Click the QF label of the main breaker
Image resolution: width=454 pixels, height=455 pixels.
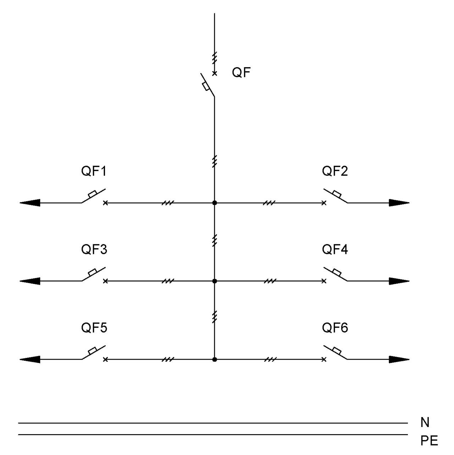tap(241, 73)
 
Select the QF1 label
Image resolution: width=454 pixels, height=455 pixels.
tap(94, 171)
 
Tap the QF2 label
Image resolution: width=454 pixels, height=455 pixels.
tap(335, 171)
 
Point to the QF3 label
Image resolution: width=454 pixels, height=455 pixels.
tap(94, 249)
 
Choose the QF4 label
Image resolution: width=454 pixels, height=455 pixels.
tap(335, 249)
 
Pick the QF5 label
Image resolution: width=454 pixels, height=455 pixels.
tap(94, 328)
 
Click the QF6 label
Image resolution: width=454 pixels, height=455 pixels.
tap(335, 328)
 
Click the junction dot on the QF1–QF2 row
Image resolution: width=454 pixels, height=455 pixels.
tap(215, 203)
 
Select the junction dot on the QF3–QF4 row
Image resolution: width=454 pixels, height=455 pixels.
tap(215, 281)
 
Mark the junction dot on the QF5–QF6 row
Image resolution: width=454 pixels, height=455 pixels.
tap(215, 360)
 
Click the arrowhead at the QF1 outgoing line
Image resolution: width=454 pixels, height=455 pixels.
tap(30, 203)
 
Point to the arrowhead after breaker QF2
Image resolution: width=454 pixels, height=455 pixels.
tap(399, 203)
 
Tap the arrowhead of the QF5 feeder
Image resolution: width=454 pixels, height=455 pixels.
tap(30, 360)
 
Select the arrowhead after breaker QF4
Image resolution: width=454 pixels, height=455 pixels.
tap(399, 281)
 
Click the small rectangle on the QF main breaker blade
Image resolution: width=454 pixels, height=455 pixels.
tap(206, 86)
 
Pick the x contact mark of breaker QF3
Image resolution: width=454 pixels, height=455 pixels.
tap(105, 281)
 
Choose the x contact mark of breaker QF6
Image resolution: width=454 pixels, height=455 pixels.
tap(324, 359)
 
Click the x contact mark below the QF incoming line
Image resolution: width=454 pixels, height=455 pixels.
tap(215, 74)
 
